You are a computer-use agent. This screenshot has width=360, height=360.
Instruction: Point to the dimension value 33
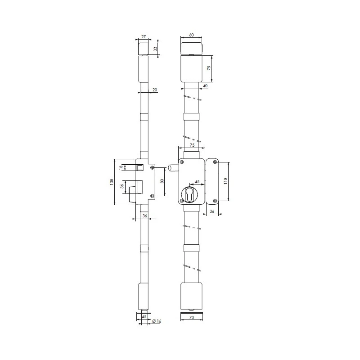156,49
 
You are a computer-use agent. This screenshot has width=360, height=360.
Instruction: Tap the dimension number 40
205,85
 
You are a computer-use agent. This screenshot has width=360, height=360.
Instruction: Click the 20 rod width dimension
155,90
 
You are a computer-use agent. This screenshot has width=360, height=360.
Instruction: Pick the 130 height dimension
111,182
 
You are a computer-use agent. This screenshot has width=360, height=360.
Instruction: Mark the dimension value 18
121,167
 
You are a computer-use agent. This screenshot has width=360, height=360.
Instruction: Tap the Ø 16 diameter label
157,321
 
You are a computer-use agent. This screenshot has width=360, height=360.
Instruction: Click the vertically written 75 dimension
209,68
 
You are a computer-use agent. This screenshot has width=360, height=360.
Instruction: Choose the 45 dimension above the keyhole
197,182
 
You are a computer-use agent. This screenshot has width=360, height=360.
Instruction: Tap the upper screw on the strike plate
215,162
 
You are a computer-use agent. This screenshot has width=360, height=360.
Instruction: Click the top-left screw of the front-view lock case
182,162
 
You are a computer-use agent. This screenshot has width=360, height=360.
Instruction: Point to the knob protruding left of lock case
171,168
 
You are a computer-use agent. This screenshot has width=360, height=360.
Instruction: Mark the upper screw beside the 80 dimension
152,167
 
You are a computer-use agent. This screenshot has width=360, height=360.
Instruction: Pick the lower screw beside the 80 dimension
152,196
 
